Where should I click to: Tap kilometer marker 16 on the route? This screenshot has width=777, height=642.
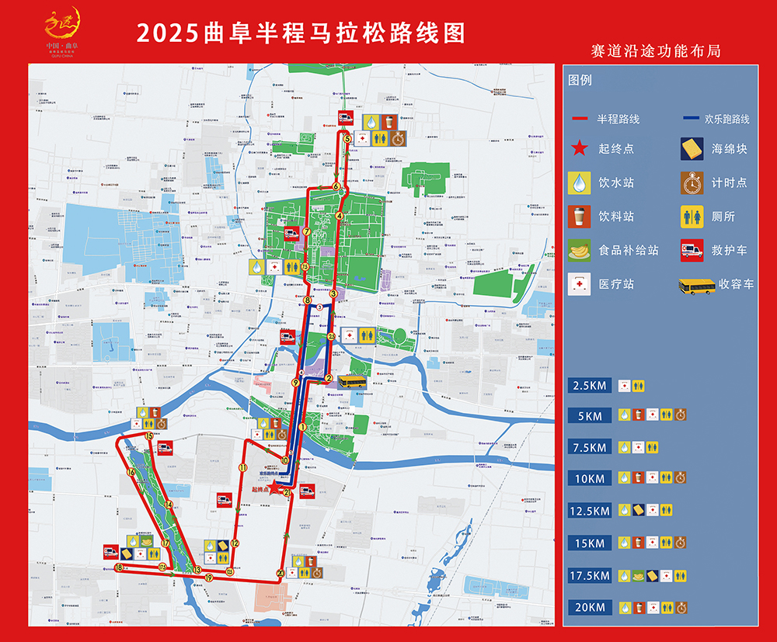tap(131, 472)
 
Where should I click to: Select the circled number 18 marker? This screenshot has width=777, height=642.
tap(118, 568)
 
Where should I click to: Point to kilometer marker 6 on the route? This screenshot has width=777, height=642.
tap(336, 186)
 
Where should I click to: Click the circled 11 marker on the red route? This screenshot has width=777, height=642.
tap(243, 468)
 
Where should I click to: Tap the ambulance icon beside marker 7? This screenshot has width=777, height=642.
tap(292, 232)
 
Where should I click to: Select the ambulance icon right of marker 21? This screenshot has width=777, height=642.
tap(307, 491)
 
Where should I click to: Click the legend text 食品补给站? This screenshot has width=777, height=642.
tap(629, 250)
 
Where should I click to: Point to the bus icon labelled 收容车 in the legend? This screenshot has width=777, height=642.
tap(697, 286)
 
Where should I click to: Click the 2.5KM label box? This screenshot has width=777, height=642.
tap(590, 385)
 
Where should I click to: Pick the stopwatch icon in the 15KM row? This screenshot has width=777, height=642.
tap(681, 543)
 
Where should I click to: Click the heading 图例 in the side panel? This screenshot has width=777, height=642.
tap(580, 80)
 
